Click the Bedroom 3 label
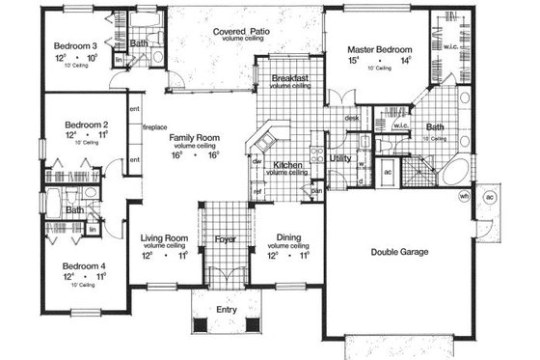point(73,45)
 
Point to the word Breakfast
point(290,79)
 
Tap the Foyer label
point(225,237)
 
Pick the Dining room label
point(289,237)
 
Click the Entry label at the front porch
point(226,310)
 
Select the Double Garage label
point(400,253)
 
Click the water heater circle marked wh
point(463,196)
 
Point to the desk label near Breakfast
point(352,118)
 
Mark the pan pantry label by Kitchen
point(315,189)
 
